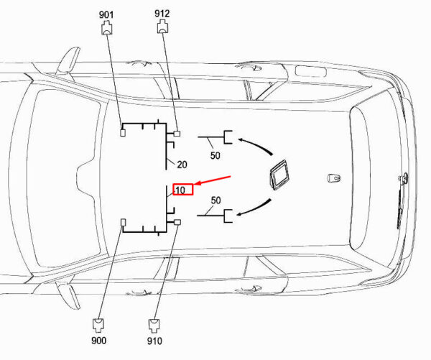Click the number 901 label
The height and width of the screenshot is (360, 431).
(x=106, y=14)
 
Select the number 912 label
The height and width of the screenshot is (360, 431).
(x=162, y=14)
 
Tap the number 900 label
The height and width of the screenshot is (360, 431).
(x=98, y=341)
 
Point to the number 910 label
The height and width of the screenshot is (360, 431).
(x=154, y=341)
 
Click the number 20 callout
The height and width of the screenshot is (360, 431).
(x=182, y=165)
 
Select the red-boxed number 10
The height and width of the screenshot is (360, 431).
(x=180, y=190)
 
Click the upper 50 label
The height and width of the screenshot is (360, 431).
(x=215, y=156)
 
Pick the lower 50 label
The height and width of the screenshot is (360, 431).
(x=215, y=200)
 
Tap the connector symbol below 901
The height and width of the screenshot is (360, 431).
(x=107, y=29)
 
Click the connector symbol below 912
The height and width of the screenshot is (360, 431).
(x=163, y=27)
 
